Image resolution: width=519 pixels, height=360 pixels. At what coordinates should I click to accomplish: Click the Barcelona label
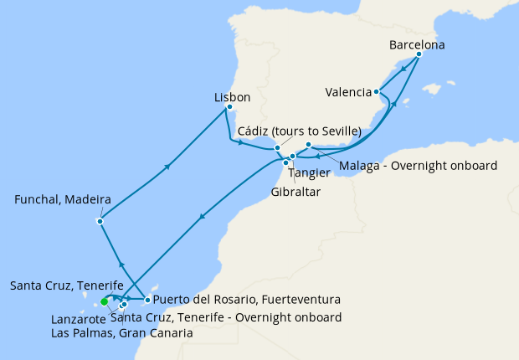(x=417, y=44)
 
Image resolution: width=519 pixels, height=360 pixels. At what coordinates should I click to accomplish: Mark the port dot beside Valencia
(x=378, y=92)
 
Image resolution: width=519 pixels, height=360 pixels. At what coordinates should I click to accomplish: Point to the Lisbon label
(x=232, y=97)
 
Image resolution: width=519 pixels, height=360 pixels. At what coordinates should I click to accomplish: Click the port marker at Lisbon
(x=229, y=107)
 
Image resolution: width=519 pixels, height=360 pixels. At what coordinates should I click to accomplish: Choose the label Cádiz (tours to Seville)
(x=299, y=131)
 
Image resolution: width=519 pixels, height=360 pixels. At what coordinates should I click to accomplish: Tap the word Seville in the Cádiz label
(x=338, y=131)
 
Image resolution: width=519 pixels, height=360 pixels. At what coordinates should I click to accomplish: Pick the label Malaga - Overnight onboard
(x=418, y=165)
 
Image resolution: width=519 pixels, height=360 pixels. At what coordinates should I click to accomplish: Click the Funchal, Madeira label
(x=64, y=200)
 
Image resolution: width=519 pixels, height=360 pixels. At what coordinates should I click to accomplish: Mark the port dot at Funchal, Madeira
(x=100, y=221)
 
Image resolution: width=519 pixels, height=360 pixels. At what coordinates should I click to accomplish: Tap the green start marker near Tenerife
(x=105, y=301)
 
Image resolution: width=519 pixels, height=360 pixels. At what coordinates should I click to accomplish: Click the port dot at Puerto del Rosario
(x=147, y=300)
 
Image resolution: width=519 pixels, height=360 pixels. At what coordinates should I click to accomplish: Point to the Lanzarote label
(x=78, y=319)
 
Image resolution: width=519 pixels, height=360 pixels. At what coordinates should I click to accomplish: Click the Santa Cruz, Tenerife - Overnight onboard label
(x=226, y=317)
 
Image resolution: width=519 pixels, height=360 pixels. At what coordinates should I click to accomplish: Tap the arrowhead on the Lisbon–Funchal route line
(x=168, y=166)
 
